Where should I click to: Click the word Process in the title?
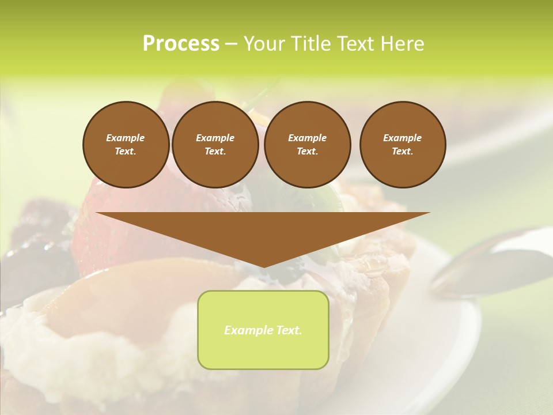[x=181, y=44]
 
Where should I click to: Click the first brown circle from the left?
[x=126, y=145]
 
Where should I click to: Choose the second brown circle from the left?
[x=215, y=145]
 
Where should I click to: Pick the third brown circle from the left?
[x=307, y=145]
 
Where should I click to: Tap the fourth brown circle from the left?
[x=403, y=145]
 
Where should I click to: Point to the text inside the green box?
[x=263, y=330]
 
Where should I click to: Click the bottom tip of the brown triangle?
[x=263, y=266]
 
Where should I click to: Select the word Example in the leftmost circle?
[x=126, y=138]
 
